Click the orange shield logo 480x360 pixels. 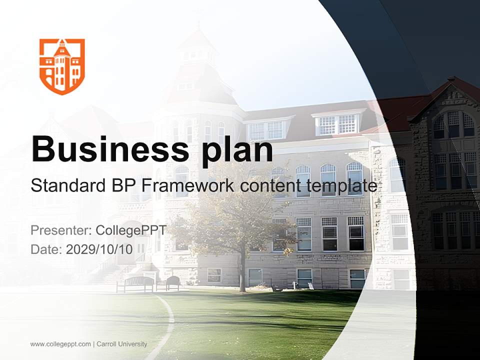(x=62, y=66)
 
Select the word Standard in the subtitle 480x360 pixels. (x=65, y=186)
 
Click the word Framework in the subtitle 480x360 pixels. (x=187, y=186)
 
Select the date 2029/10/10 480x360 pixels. (x=99, y=249)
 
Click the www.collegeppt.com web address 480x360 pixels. (x=60, y=344)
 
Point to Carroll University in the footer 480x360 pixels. (x=122, y=344)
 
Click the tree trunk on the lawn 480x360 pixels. (x=242, y=272)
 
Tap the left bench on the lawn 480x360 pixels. (x=135, y=283)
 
